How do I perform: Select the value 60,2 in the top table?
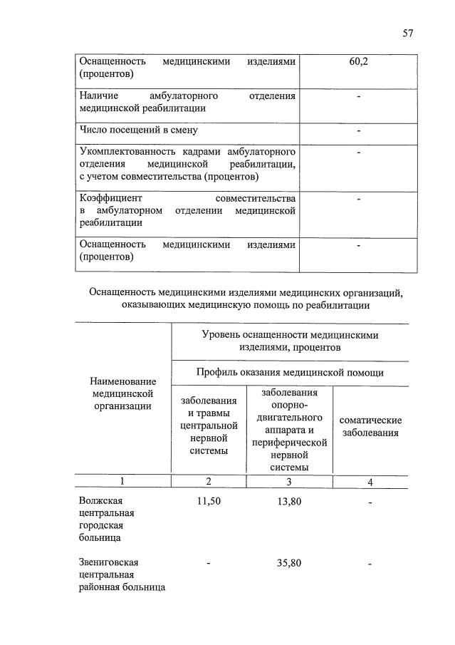tap(359, 62)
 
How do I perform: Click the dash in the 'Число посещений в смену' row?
tap(359, 130)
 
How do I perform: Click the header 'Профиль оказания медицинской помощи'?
tap(290, 372)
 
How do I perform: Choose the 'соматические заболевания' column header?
tap(370, 427)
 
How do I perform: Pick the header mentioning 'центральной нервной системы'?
tap(209, 425)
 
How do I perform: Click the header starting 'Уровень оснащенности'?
tap(290, 340)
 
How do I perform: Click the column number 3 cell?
tap(289, 483)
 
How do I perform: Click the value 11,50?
tap(209, 501)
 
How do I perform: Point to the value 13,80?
tap(289, 501)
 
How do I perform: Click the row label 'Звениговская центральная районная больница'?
tap(122, 574)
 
